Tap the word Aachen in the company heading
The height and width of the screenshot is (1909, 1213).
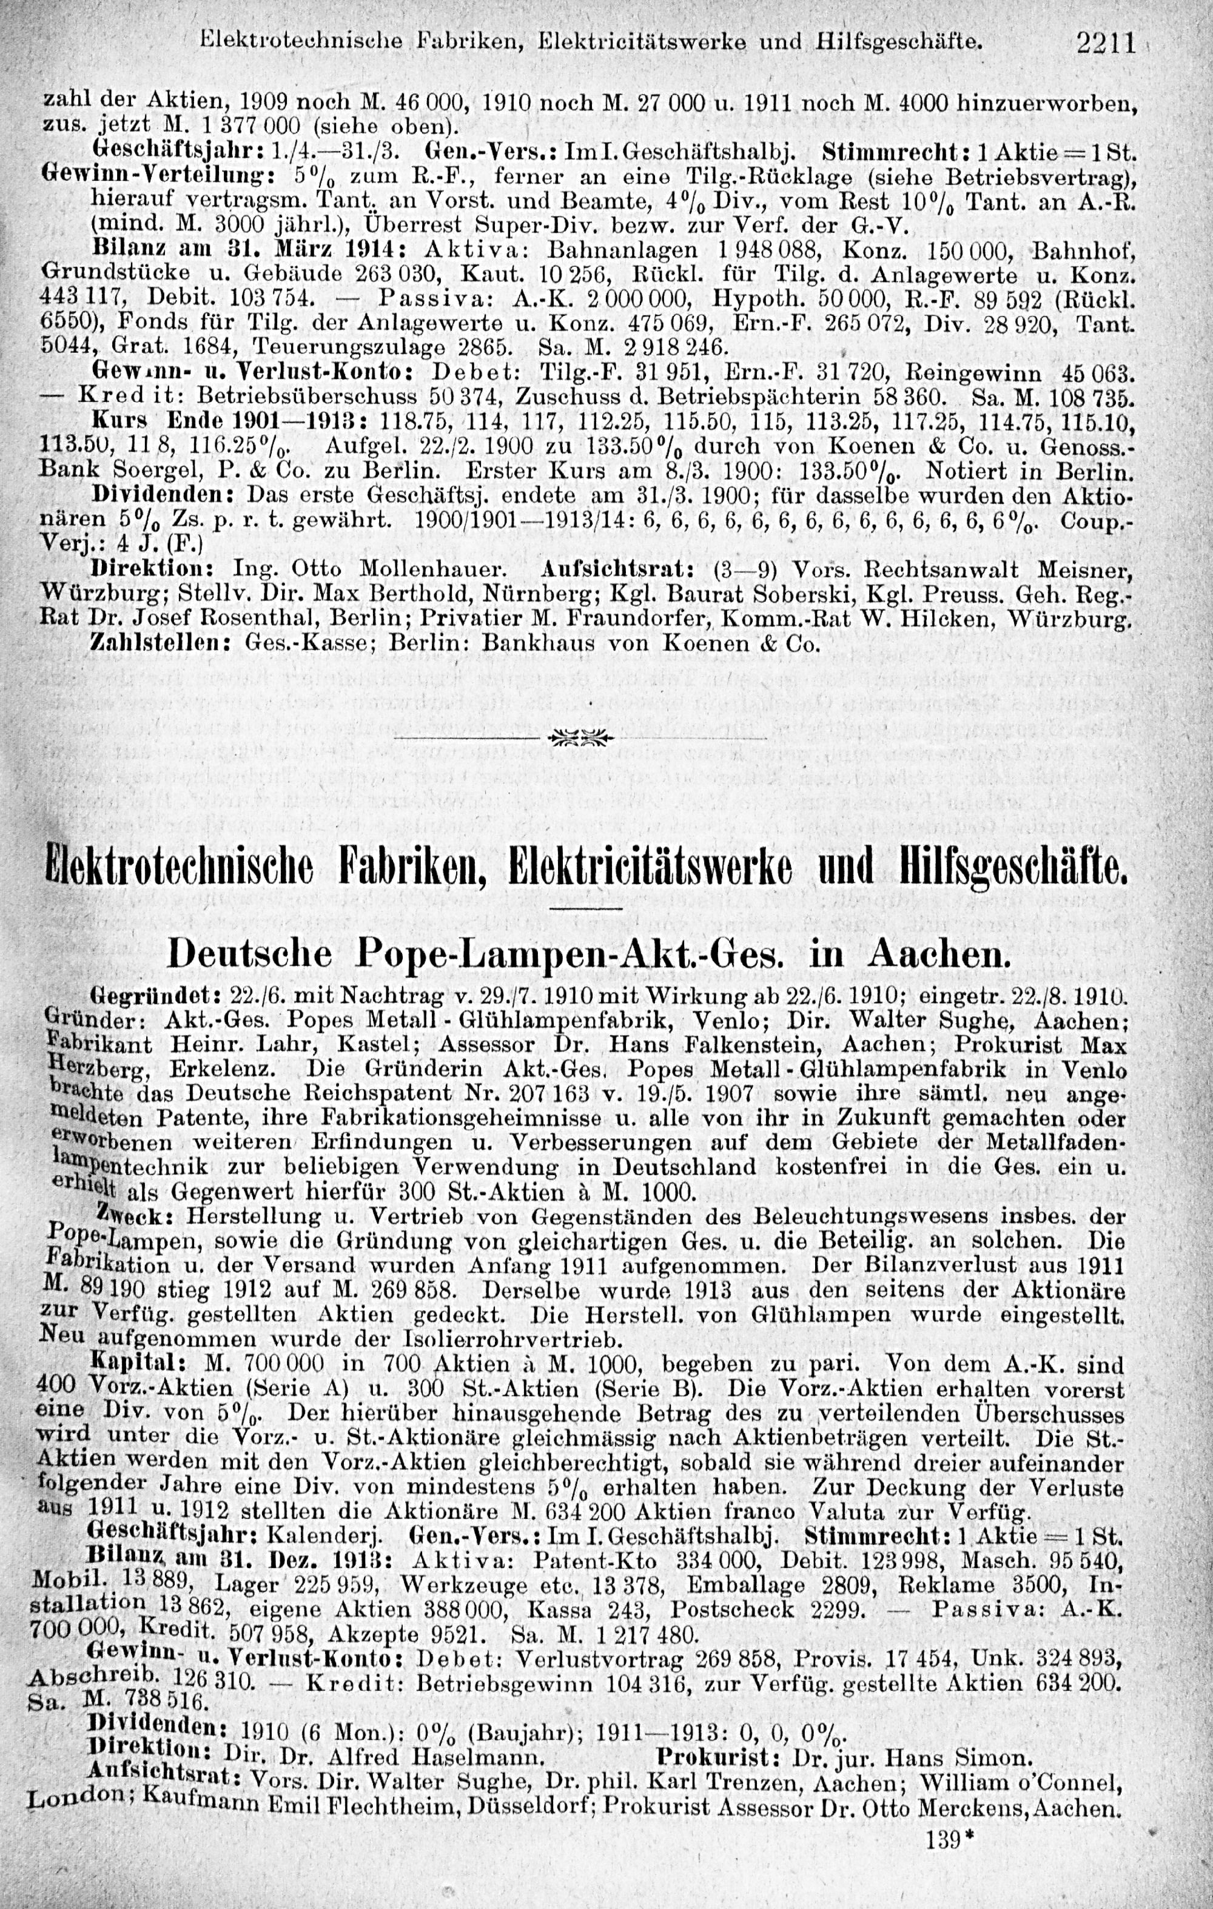tap(940, 954)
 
